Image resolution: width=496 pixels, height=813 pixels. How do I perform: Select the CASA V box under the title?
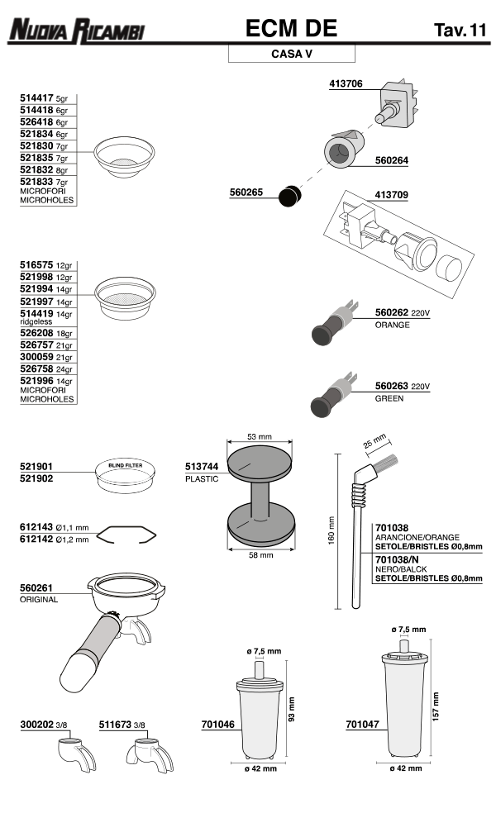[291, 55]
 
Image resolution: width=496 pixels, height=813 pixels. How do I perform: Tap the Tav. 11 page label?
[459, 31]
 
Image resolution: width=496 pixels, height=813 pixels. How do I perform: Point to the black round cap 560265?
[289, 197]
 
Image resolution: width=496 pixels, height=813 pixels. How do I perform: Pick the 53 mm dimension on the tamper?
[259, 436]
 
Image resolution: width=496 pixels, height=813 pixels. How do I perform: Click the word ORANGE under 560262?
[392, 325]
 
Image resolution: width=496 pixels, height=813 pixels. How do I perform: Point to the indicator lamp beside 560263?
[331, 400]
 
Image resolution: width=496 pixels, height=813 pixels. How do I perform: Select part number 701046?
[217, 725]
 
